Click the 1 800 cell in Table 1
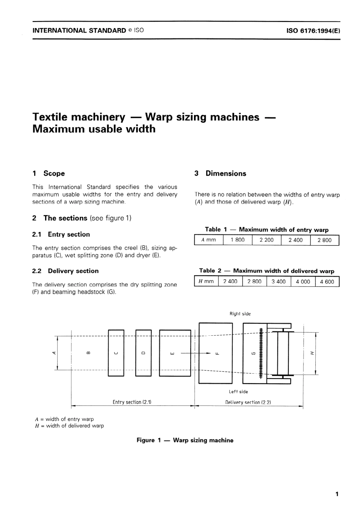(x=238, y=240)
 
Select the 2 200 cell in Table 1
(x=266, y=240)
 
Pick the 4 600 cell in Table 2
(x=327, y=282)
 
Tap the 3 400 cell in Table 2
(x=279, y=282)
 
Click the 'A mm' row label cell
(x=209, y=240)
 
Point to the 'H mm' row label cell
(x=206, y=282)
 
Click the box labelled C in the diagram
(x=116, y=353)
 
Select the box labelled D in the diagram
(x=143, y=353)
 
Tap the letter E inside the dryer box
(x=173, y=354)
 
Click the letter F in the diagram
(x=217, y=354)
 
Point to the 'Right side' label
(x=240, y=314)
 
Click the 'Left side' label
(x=238, y=392)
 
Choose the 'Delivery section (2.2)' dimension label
(x=248, y=402)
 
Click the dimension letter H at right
(x=312, y=353)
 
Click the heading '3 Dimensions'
(x=220, y=174)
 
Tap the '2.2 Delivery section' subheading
(x=66, y=271)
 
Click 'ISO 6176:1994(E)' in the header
(x=313, y=31)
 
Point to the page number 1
(x=337, y=494)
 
